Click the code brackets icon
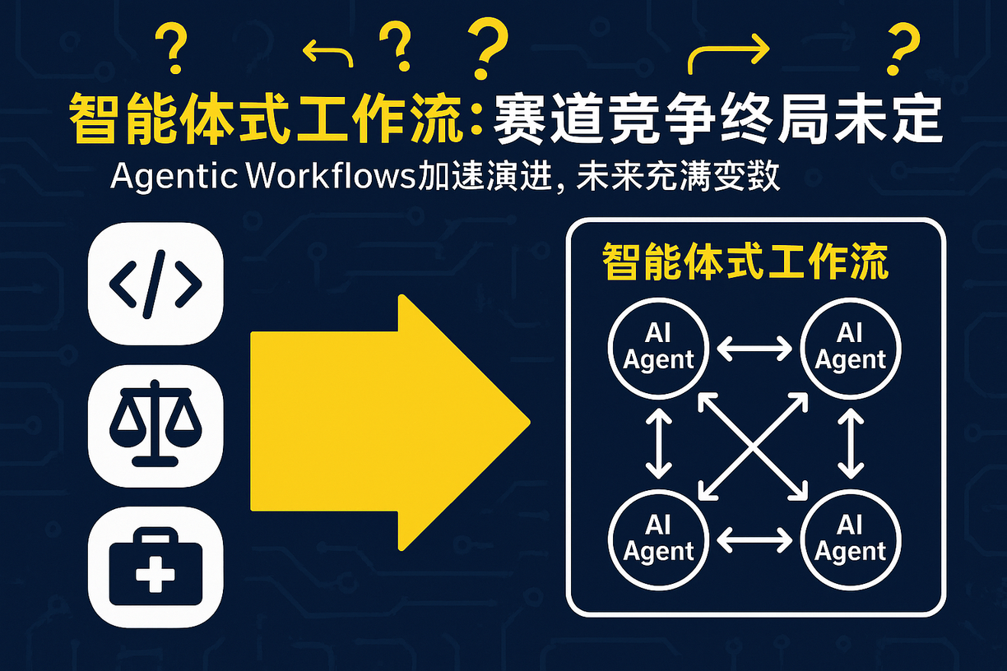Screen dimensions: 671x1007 click(x=155, y=283)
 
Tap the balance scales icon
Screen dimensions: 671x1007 click(x=155, y=425)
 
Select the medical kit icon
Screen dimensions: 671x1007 click(x=155, y=567)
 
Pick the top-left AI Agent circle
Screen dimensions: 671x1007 click(x=658, y=349)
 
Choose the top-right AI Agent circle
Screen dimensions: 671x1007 click(x=850, y=349)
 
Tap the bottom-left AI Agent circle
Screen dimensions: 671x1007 click(x=658, y=540)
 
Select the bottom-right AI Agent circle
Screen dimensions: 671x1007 click(x=850, y=540)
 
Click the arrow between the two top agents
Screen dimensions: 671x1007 click(x=754, y=349)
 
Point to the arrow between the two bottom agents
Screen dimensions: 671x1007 click(x=754, y=540)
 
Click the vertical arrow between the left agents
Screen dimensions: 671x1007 click(x=659, y=445)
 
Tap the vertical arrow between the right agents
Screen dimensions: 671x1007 click(x=850, y=445)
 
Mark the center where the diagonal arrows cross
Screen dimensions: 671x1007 click(x=754, y=445)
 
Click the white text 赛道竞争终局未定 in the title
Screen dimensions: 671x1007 click(x=716, y=122)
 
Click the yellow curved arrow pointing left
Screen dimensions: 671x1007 click(x=327, y=54)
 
